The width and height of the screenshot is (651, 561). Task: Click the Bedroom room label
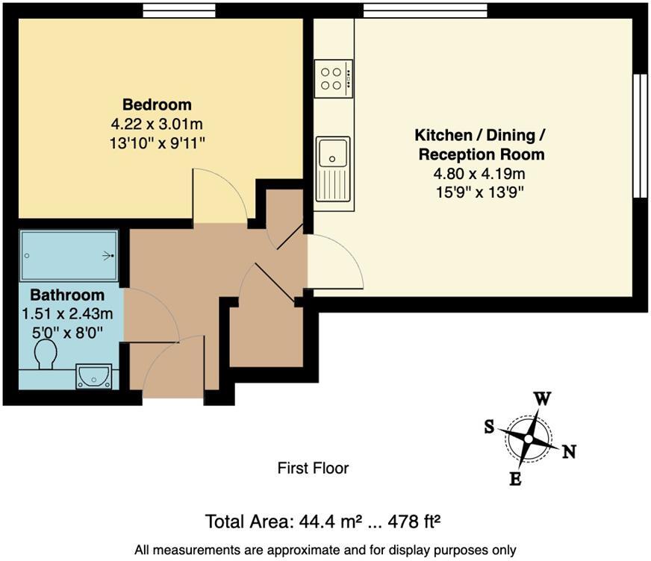[157, 104]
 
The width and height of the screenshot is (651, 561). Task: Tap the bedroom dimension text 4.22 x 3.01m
[157, 123]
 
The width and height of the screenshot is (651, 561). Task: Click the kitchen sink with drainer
[333, 168]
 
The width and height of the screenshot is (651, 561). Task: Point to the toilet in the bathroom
[46, 355]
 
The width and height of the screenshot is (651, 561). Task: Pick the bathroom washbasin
[94, 376]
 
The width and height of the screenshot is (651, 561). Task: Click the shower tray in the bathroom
[69, 256]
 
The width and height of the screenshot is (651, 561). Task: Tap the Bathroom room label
[67, 295]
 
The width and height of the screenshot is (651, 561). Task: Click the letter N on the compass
[568, 451]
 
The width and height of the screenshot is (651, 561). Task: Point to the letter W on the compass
[543, 398]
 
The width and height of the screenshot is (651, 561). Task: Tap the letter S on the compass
[490, 426]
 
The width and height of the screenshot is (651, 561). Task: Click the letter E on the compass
[515, 480]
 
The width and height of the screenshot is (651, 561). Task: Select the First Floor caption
[313, 468]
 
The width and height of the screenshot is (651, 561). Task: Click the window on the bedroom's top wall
[179, 10]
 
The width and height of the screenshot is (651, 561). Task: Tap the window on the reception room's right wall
[640, 135]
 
